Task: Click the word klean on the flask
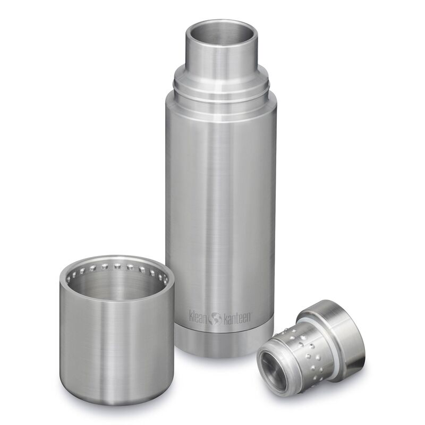200,314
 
